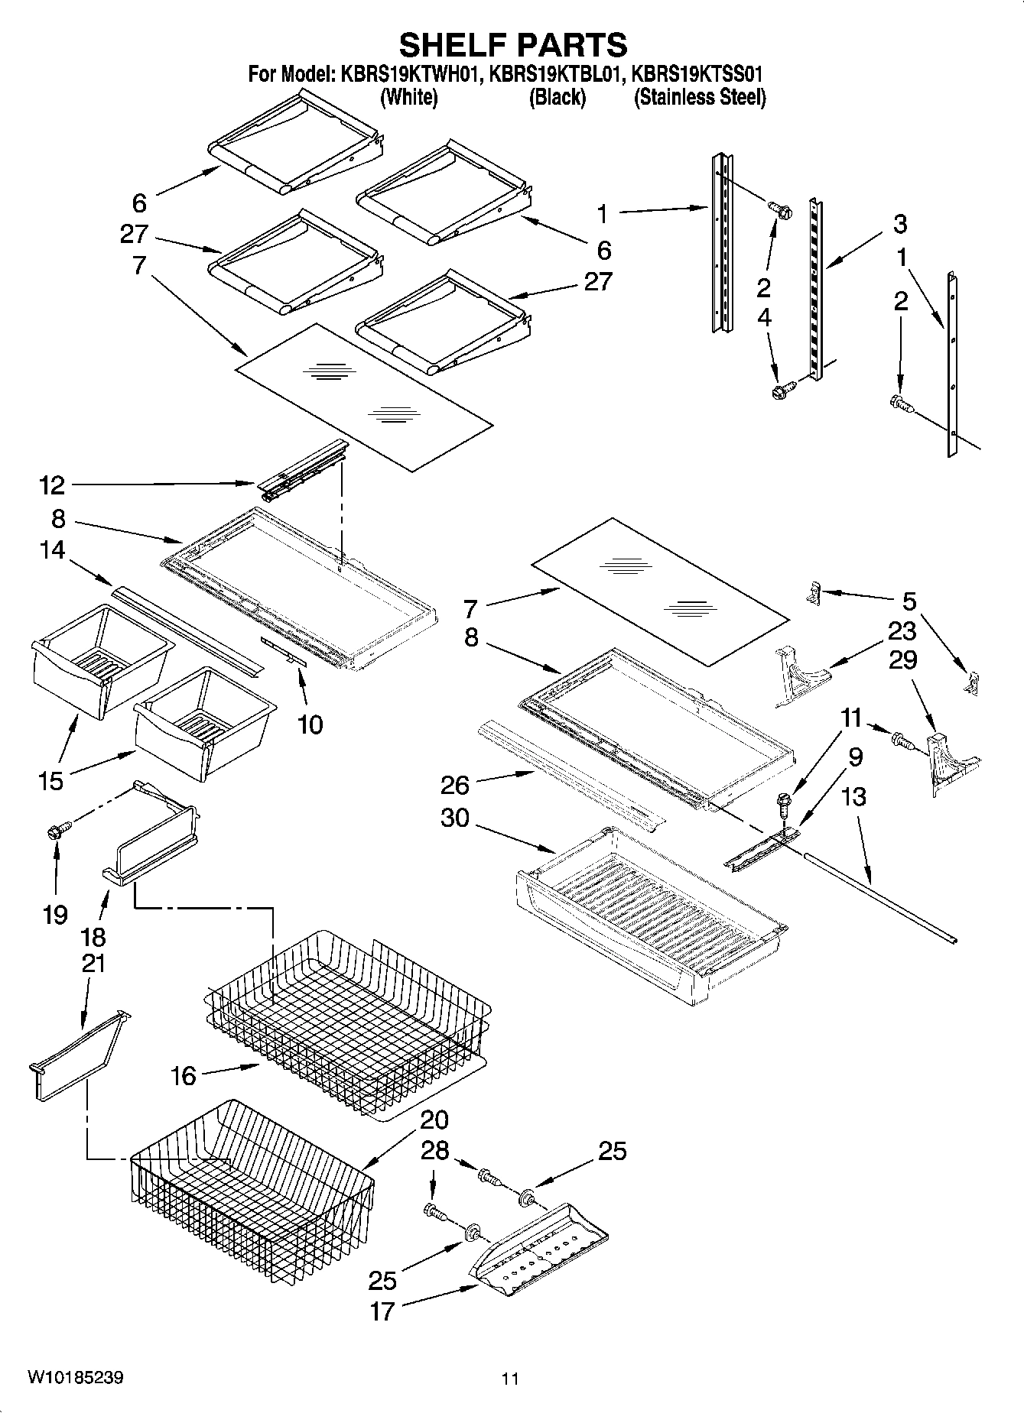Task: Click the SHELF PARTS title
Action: click(512, 45)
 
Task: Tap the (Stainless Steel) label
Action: click(699, 98)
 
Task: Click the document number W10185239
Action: click(75, 1378)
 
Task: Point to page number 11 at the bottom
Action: click(510, 1379)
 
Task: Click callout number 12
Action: click(52, 485)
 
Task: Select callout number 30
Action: click(454, 818)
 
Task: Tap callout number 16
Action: click(184, 1076)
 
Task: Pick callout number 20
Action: click(434, 1120)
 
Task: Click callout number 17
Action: click(382, 1311)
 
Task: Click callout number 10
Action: click(309, 724)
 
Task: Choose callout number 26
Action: click(454, 784)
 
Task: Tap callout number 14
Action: click(52, 550)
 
